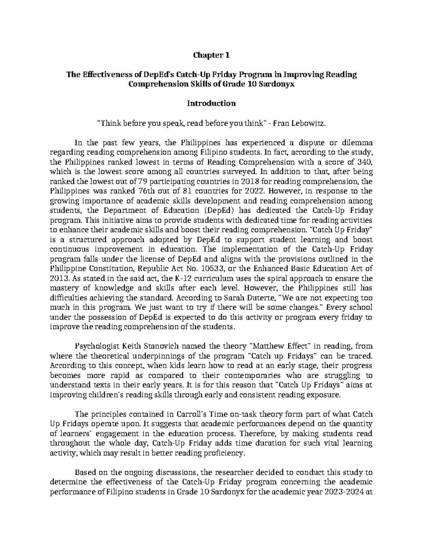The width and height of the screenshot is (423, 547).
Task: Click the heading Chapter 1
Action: coord(211,55)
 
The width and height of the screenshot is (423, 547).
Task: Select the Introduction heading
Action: coord(211,104)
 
